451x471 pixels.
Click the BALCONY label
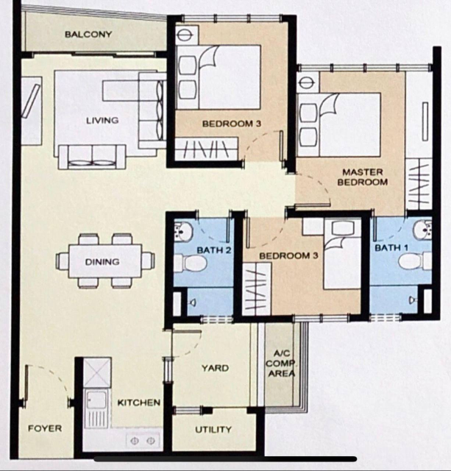pos(88,35)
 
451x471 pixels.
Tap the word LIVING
pos(102,121)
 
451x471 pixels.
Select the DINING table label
pos(102,262)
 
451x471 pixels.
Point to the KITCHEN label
pos(139,403)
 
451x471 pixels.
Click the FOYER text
pos(45,428)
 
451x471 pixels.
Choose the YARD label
pos(215,368)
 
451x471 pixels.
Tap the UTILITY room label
pos(213,430)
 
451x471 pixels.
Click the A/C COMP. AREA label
pos(281,363)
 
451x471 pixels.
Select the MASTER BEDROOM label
pos(363,177)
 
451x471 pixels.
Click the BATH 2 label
pos(214,250)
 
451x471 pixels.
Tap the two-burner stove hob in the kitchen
pos(143,441)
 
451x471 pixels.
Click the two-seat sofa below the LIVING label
pos(92,157)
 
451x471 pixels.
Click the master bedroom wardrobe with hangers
pos(419,185)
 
